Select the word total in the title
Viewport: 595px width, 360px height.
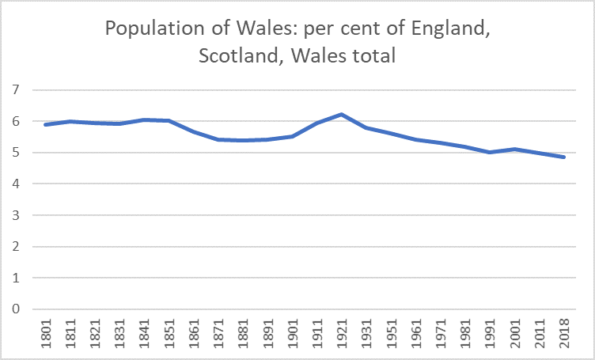373,56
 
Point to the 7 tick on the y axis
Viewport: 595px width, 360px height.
14,90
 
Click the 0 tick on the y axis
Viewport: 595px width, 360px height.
14,309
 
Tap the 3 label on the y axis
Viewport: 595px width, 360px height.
14,215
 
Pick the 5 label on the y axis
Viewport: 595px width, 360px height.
14,153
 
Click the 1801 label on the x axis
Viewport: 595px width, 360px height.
44,333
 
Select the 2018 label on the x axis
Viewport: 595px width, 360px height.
565,333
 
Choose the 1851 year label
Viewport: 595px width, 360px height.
168,333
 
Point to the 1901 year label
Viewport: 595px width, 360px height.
291,333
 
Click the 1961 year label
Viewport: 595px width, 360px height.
415,333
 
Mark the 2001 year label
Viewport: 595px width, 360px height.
515,333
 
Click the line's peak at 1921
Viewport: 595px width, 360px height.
340,115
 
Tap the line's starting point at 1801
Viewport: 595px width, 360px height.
44,124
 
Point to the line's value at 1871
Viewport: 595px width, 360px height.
217,139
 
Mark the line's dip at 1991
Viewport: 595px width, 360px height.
490,152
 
